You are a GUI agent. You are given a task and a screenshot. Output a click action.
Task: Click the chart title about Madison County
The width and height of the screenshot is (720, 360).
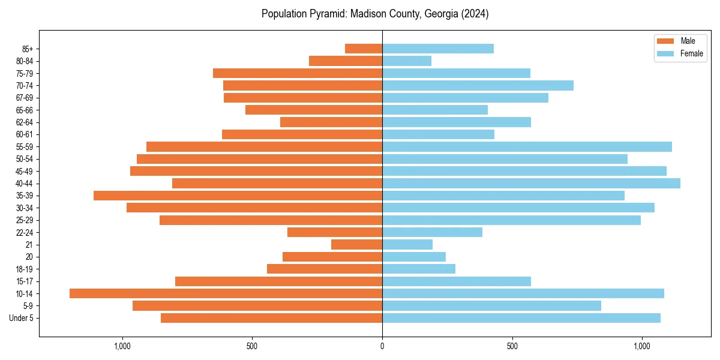coord(375,14)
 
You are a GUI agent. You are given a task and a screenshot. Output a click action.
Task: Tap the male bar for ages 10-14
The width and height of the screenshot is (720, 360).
coord(226,293)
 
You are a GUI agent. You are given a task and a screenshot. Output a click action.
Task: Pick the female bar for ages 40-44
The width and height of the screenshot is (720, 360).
coord(531,183)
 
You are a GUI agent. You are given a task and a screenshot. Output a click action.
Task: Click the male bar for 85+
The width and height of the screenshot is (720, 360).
coord(364,49)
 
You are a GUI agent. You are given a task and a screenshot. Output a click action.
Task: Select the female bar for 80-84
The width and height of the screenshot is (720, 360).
coord(407,61)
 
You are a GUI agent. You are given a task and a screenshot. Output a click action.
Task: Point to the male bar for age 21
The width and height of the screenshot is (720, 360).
coord(356,244)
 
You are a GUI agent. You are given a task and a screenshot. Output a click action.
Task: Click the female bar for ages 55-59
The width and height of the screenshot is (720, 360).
coord(527,146)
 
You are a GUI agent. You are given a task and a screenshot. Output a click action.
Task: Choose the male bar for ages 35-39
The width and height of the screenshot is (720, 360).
coord(238,196)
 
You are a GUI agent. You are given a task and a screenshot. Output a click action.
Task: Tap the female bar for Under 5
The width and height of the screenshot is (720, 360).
coord(521,318)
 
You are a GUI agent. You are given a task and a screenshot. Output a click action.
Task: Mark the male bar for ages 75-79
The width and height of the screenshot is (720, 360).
coord(298,73)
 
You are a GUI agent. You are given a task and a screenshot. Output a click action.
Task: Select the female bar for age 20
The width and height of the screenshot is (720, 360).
coord(414,257)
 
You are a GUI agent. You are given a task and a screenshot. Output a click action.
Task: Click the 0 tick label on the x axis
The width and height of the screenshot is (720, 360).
coord(382,346)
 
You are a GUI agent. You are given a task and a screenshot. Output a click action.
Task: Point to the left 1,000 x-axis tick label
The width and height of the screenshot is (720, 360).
coord(122,346)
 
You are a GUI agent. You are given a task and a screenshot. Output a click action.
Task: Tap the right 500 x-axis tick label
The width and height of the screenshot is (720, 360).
coord(512,346)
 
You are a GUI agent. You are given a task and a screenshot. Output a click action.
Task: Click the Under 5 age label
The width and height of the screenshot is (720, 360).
coord(22,318)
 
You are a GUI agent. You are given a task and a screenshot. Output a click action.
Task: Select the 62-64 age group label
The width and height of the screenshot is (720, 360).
coord(24,122)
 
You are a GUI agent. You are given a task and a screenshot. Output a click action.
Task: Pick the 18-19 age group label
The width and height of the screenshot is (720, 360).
coord(24,269)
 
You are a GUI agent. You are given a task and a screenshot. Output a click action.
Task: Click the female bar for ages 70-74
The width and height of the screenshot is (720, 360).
coord(478,85)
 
